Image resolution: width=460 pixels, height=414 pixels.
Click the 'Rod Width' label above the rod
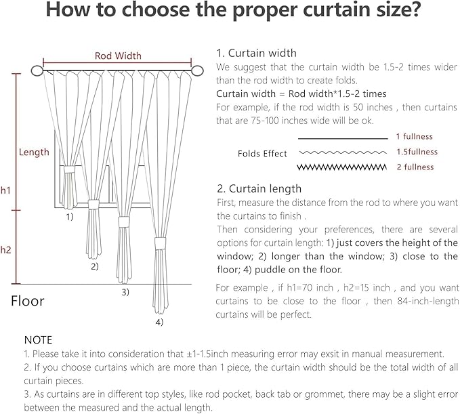(118, 56)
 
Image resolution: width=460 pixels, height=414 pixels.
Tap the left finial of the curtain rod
(37, 70)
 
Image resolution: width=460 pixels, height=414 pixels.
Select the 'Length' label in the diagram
(34, 152)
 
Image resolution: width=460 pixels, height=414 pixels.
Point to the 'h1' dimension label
(6, 191)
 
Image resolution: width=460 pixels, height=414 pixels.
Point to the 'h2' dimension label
(6, 249)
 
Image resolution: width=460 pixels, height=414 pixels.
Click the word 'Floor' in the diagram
(28, 301)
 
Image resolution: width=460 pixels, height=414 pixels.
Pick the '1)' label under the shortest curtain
(69, 218)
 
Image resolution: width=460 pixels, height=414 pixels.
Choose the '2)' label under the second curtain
(95, 266)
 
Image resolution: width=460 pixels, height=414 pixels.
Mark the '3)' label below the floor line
(125, 292)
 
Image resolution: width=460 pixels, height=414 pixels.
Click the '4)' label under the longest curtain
(159, 322)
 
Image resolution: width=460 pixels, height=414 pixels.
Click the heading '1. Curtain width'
(256, 53)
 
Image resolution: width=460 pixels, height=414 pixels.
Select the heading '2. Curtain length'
(259, 188)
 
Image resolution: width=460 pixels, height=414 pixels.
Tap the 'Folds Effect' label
(262, 154)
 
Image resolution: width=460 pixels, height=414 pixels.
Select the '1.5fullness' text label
(417, 152)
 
